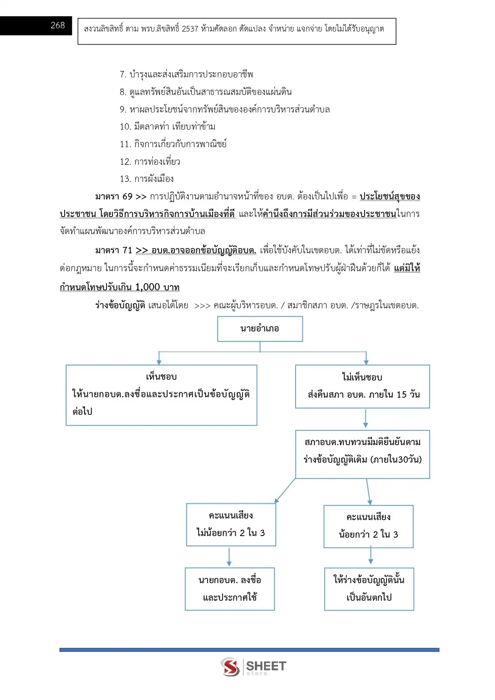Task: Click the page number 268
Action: point(58,25)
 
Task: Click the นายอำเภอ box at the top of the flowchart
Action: point(260,329)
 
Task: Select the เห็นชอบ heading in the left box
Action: point(162,377)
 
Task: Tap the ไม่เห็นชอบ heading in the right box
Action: point(362,377)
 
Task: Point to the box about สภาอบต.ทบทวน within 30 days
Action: point(363,454)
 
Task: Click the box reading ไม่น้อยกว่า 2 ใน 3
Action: point(231,525)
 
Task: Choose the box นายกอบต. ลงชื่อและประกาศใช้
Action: point(230,589)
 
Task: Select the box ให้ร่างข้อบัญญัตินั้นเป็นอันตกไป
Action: point(369,589)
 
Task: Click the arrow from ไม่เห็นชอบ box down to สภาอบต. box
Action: point(365,418)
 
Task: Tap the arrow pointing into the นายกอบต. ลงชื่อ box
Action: point(229,557)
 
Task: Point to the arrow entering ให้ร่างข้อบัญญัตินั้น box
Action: point(371,555)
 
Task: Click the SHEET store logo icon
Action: point(231,667)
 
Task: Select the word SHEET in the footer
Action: point(266,666)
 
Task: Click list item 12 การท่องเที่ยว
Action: point(150,162)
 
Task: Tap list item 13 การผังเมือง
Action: point(147,179)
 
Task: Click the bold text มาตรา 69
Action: point(114,196)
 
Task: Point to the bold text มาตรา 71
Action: point(114,250)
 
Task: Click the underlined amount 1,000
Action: point(148,287)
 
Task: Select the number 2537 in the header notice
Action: point(190,29)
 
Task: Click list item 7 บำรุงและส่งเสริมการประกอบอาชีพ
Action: point(186,74)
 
